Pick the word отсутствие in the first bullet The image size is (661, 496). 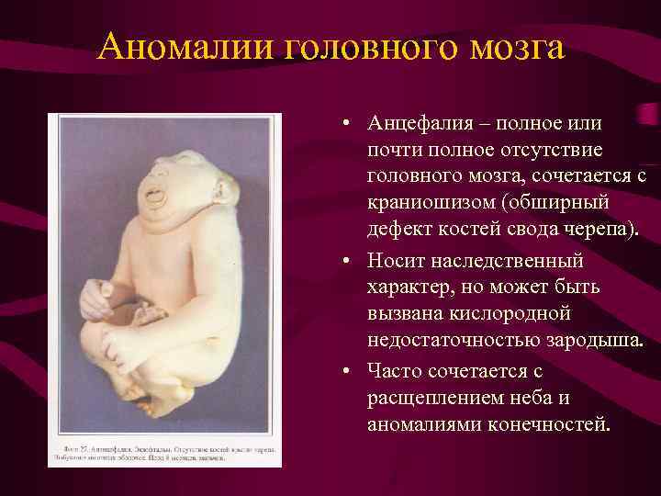552,149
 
